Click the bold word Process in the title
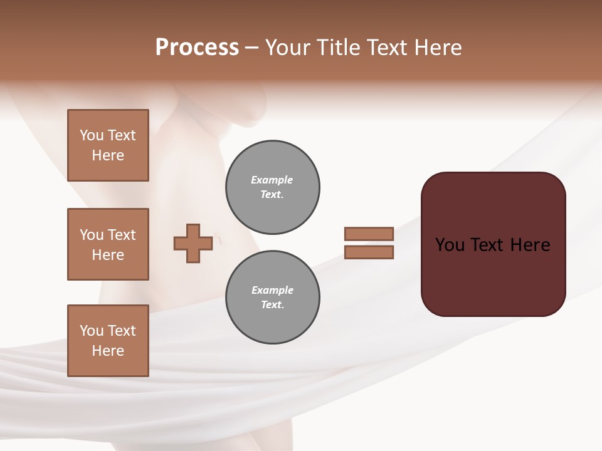click(x=197, y=48)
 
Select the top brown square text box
click(x=108, y=145)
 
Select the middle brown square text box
click(x=108, y=244)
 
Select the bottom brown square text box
click(x=108, y=341)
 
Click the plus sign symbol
click(x=193, y=243)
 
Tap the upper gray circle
click(x=272, y=187)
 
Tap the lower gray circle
click(x=272, y=298)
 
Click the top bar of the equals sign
click(x=369, y=234)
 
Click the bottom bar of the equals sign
click(x=369, y=252)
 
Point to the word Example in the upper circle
click(x=272, y=180)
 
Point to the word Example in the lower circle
click(x=272, y=290)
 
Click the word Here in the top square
click(x=108, y=155)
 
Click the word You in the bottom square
click(x=92, y=331)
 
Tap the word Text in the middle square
click(x=122, y=235)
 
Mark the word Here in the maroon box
click(x=531, y=245)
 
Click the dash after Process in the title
click(x=251, y=48)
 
